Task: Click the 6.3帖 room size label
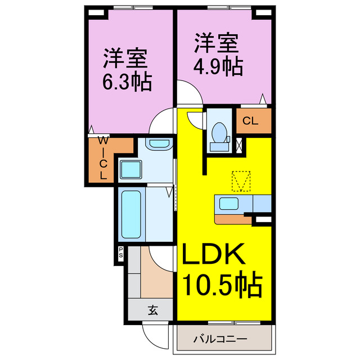[127, 83]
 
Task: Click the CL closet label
[251, 119]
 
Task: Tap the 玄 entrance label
[152, 309]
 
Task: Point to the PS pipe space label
[120, 253]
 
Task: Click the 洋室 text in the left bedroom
[125, 58]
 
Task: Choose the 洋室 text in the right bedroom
[218, 42]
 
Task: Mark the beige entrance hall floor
[157, 278]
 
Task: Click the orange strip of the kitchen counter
[233, 218]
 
